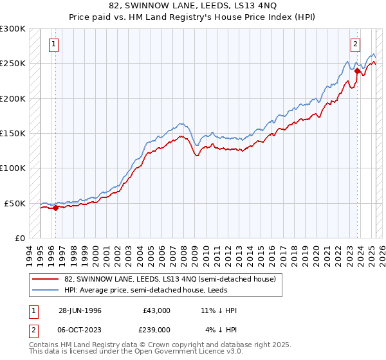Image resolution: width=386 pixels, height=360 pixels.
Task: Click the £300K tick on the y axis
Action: coord(13,29)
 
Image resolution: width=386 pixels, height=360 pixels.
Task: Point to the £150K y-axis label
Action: coord(13,133)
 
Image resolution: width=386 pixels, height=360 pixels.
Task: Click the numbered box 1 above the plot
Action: coord(53,44)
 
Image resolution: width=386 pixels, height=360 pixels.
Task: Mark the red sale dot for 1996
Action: coord(56,208)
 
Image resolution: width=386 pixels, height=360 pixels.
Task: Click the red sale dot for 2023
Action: coord(357,71)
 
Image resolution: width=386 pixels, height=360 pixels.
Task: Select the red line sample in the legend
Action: coord(46,279)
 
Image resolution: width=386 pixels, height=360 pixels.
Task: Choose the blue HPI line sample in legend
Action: coord(46,289)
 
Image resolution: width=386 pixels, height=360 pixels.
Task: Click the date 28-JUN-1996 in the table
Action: coord(80,310)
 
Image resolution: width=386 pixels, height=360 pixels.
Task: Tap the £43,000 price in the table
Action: coord(156,310)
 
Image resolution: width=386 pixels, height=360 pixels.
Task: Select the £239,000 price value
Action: coord(156,330)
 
